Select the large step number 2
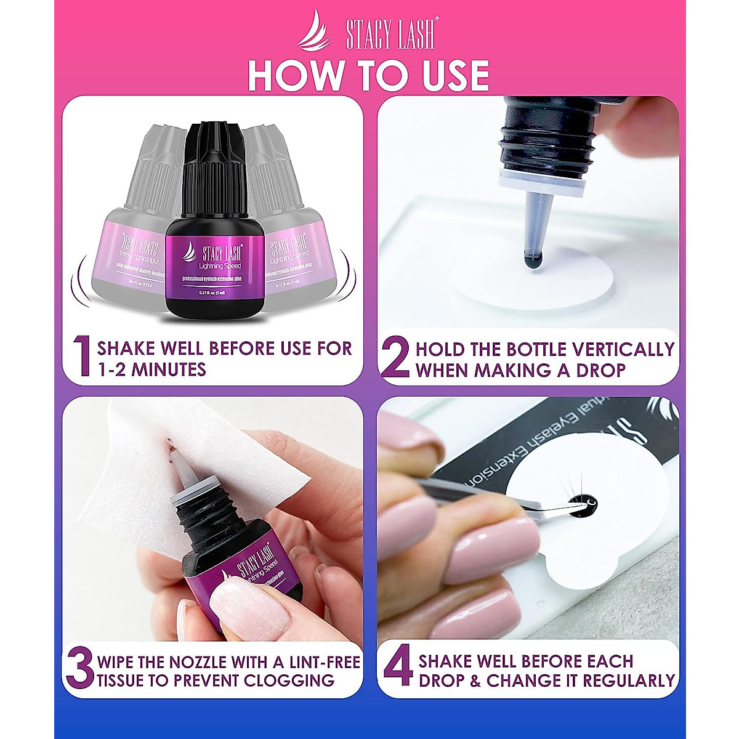coord(395,358)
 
